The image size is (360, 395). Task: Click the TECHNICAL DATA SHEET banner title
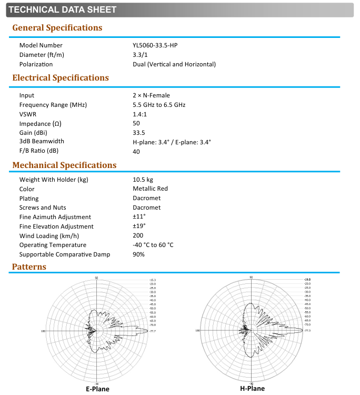click(x=63, y=9)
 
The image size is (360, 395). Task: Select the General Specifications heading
click(x=57, y=28)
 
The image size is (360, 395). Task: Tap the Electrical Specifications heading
click(x=61, y=78)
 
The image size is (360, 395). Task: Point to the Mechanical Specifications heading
click(x=64, y=165)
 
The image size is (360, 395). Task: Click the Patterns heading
click(x=29, y=267)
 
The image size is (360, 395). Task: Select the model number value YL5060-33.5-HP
click(x=155, y=46)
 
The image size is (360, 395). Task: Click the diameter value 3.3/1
click(x=140, y=55)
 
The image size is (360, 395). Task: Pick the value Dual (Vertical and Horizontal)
click(x=174, y=64)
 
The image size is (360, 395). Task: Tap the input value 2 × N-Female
click(x=151, y=95)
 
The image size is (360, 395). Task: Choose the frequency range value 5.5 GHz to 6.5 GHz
click(x=159, y=105)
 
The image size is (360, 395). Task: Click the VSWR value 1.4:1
click(x=140, y=114)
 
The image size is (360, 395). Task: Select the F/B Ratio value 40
click(x=136, y=151)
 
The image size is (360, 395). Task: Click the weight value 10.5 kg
click(x=143, y=180)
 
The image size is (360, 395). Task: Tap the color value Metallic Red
click(x=151, y=189)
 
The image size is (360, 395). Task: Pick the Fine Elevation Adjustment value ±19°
click(x=139, y=226)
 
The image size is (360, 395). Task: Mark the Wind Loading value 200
click(x=138, y=235)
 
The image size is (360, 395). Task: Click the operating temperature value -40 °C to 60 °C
click(x=153, y=245)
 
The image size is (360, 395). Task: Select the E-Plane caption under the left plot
click(x=97, y=389)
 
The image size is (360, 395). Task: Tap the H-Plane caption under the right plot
click(x=252, y=389)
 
